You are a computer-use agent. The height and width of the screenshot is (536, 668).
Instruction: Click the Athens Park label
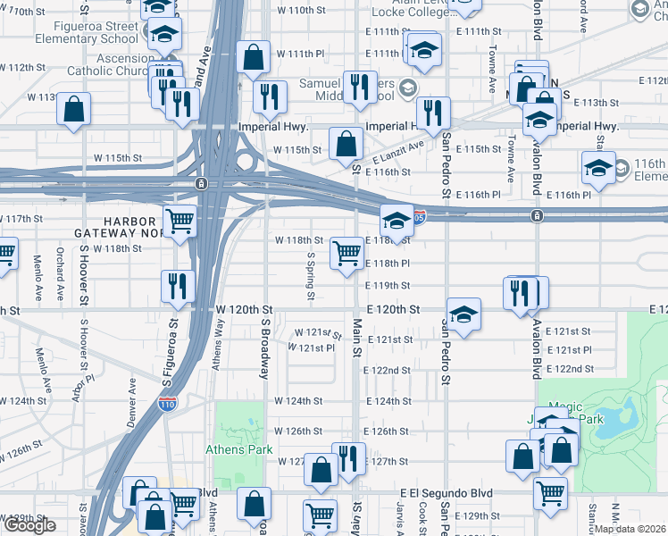(239, 449)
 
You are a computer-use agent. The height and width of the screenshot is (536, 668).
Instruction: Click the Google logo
(29, 525)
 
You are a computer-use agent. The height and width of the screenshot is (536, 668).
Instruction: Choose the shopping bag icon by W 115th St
(346, 142)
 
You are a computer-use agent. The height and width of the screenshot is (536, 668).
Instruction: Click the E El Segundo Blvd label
(447, 492)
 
